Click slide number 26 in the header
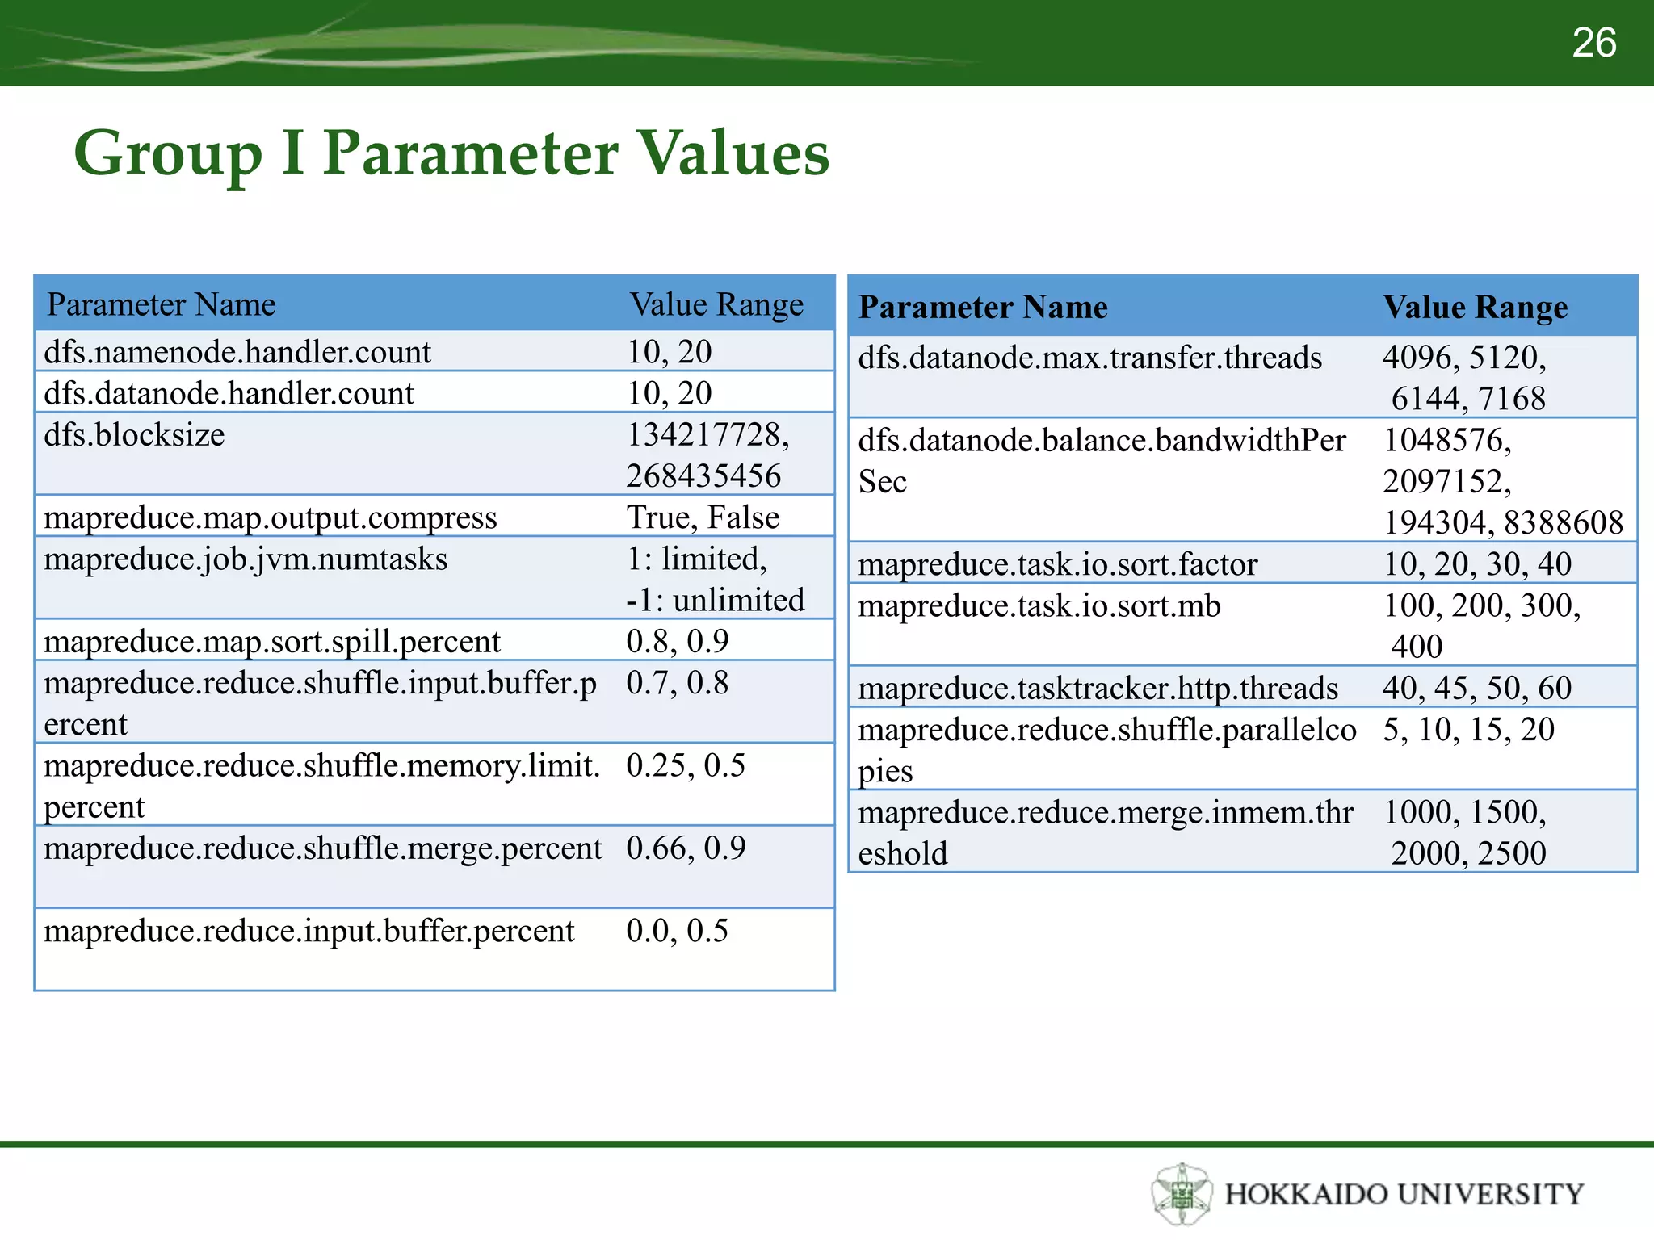[1593, 43]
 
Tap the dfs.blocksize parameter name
[134, 435]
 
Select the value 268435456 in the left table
[703, 476]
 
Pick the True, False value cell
[703, 517]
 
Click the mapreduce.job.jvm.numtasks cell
[246, 559]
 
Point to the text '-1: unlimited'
[715, 601]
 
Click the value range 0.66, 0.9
[686, 848]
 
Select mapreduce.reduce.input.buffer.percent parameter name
[309, 931]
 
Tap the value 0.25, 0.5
[685, 765]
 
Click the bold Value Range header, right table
[1475, 308]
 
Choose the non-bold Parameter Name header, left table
[162, 305]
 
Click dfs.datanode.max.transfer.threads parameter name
[1089, 358]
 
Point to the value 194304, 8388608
[1503, 523]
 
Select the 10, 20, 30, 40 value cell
[1477, 564]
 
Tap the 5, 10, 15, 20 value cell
[1468, 730]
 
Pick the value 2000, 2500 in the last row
[1468, 853]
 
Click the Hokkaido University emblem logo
[1182, 1193]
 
